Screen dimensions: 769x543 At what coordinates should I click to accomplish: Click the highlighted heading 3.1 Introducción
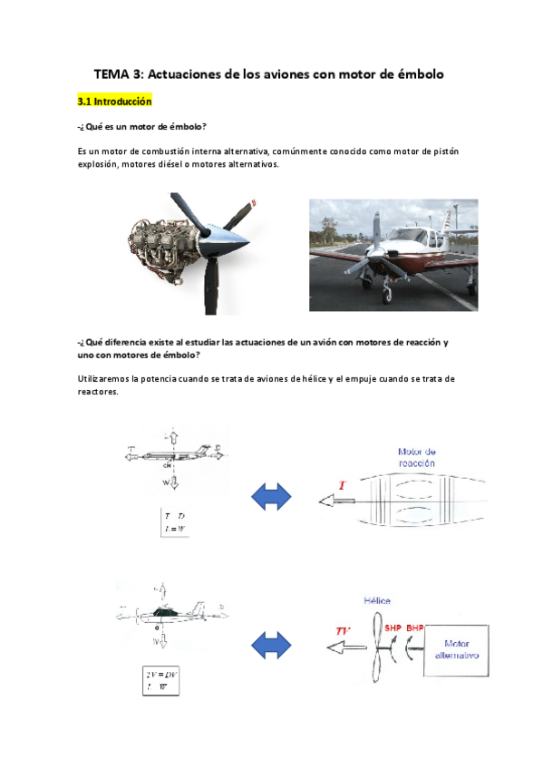click(x=114, y=102)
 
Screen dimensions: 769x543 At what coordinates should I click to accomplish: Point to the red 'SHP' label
click(x=393, y=628)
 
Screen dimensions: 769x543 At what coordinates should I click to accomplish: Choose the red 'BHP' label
click(x=415, y=628)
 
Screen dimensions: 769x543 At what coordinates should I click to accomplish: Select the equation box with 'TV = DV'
click(x=160, y=680)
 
